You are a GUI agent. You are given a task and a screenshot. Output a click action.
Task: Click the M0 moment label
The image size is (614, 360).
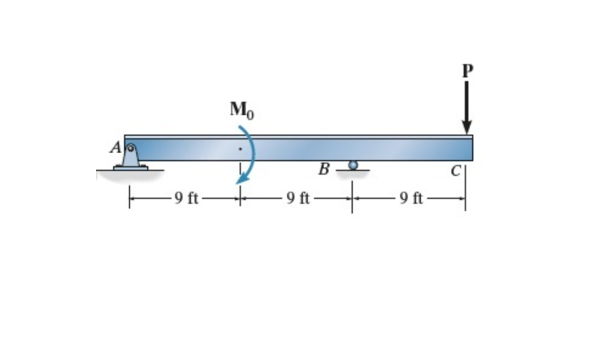tap(241, 111)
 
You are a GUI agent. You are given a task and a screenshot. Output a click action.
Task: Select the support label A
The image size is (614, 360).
tap(116, 148)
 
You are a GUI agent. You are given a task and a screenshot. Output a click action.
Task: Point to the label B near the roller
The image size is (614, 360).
tap(324, 170)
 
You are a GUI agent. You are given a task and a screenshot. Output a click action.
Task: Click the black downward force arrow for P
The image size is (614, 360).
tap(465, 104)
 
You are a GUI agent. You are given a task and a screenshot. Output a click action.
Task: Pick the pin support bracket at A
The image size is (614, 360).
tap(130, 158)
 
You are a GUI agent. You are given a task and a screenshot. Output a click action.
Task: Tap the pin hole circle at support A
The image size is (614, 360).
tap(130, 147)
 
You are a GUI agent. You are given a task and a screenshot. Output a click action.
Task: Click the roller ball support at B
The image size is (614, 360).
tap(352, 165)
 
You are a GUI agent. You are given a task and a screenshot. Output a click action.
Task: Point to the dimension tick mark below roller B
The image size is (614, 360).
tap(352, 198)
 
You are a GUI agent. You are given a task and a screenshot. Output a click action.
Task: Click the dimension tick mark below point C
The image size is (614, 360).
tap(465, 198)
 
